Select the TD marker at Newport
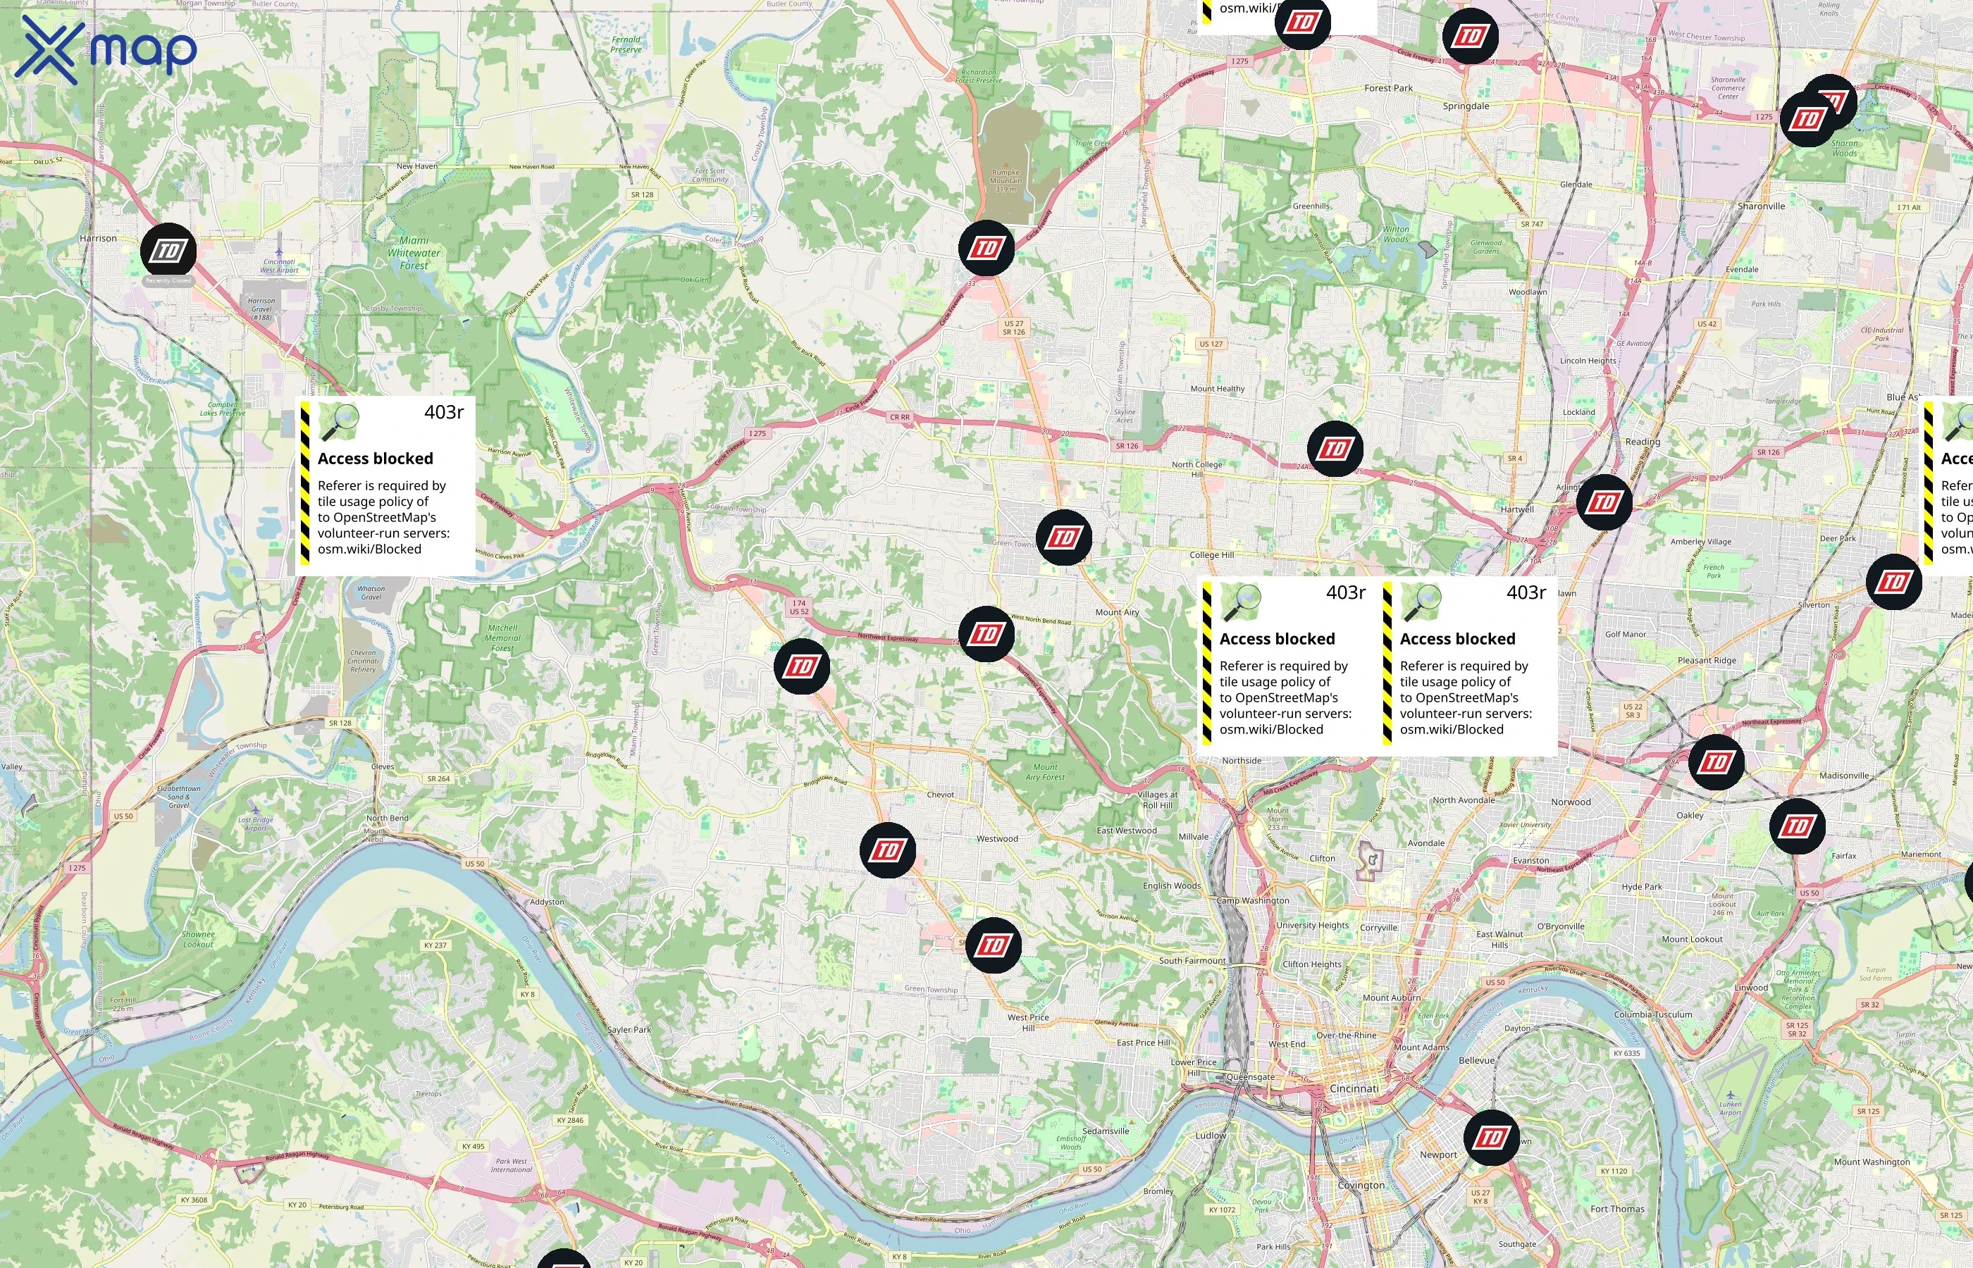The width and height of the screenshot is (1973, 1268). point(1491,1137)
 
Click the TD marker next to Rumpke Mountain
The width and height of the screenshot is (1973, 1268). point(986,248)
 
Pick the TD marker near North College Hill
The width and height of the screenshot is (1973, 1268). point(1335,449)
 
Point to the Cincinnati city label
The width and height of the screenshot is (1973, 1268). point(1354,1088)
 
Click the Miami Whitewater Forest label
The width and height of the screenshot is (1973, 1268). point(414,253)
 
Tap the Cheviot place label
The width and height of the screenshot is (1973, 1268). point(941,795)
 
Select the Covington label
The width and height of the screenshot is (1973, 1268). point(1361,1186)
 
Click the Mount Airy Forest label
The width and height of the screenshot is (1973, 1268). point(1046,771)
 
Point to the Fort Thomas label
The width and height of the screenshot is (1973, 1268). point(1617,1209)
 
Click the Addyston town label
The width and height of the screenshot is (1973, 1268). point(547,902)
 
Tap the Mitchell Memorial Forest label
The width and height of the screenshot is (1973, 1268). point(502,638)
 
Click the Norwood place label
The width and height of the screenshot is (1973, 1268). point(1571,802)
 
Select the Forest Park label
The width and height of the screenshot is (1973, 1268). point(1388,88)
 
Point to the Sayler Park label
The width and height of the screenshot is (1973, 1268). point(629,1029)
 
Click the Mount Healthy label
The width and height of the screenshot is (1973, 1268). point(1217,389)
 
